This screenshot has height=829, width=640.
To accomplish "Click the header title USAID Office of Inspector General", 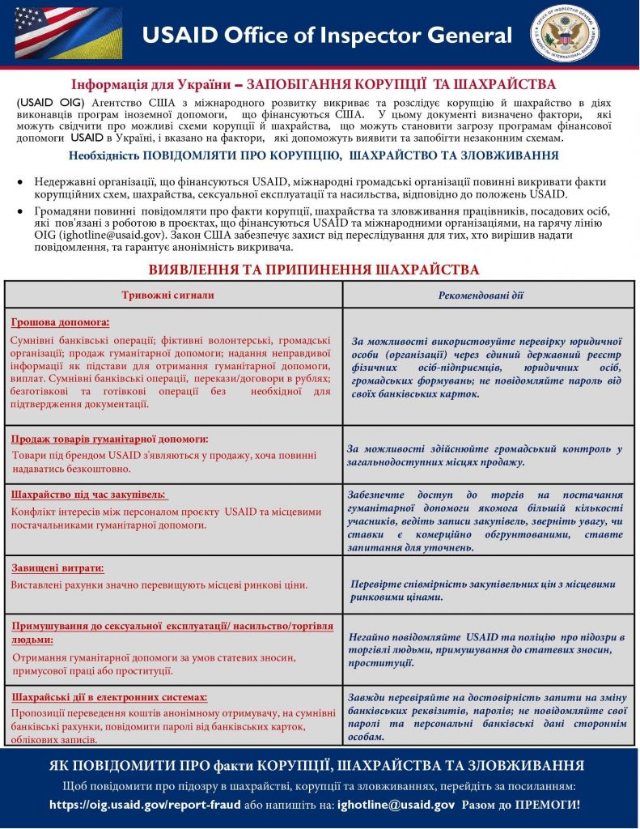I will (327, 36).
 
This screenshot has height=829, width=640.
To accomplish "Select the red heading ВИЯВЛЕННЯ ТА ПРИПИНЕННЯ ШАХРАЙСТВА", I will (314, 269).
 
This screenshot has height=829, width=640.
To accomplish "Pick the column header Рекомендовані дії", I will (481, 295).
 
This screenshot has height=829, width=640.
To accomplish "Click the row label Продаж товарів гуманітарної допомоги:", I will (109, 439).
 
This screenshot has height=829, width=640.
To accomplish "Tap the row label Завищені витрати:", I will (57, 568).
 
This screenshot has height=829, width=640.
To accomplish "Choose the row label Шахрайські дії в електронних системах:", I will (109, 696).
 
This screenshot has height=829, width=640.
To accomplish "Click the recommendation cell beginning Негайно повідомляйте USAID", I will (486, 650).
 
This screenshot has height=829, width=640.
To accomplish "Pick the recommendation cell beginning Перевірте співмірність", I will (483, 590).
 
